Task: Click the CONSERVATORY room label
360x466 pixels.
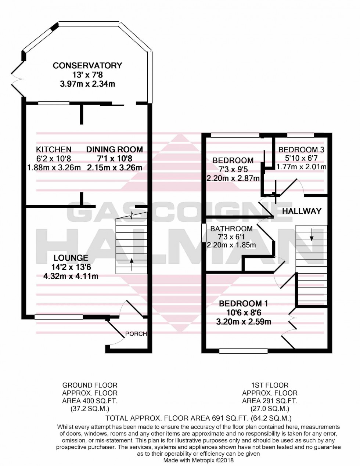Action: (87, 66)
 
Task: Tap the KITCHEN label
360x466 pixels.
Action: (54, 149)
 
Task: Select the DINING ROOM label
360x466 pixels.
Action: (115, 149)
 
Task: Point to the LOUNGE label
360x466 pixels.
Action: (71, 258)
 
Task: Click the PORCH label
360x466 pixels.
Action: (136, 334)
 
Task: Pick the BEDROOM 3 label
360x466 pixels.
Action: (301, 150)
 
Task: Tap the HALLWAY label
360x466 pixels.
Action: (302, 211)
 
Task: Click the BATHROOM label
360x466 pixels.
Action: (231, 229)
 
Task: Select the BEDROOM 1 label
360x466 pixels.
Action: (243, 304)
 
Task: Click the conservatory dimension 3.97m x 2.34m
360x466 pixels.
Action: (87, 84)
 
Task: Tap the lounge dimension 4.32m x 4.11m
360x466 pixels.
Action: (71, 276)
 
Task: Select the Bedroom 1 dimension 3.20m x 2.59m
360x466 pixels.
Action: (244, 322)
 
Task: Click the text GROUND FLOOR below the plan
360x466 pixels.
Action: (90, 385)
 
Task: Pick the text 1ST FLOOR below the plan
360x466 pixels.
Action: (270, 385)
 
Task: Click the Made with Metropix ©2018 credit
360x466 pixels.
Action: (198, 460)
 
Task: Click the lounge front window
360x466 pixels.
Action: (59, 317)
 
